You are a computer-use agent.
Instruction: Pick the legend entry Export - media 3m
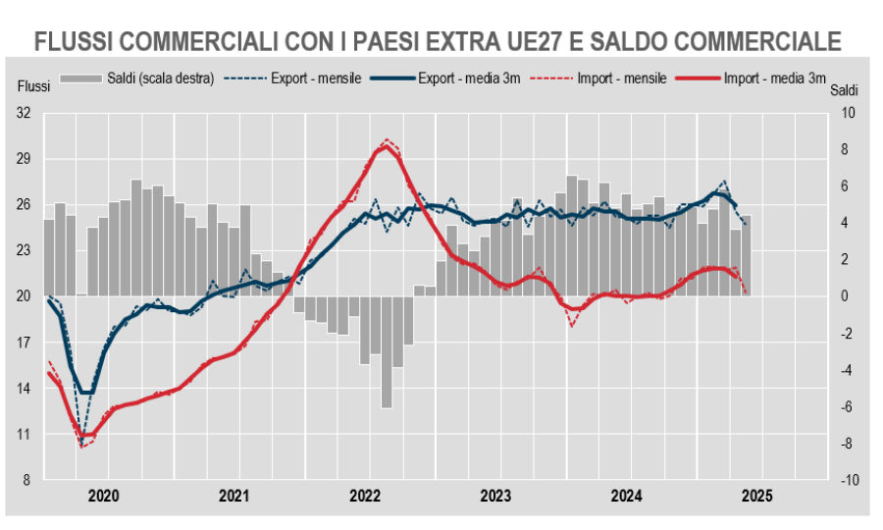click(x=469, y=77)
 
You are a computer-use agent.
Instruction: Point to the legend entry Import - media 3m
click(x=776, y=77)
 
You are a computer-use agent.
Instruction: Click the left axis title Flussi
click(x=34, y=86)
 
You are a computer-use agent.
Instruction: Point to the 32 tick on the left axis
click(x=26, y=113)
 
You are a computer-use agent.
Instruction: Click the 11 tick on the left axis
click(x=26, y=434)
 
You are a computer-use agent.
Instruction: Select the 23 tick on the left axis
click(x=26, y=250)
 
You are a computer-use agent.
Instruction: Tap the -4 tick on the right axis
click(x=846, y=370)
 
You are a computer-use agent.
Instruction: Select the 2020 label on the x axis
click(x=103, y=496)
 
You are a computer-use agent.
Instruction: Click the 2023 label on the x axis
click(x=495, y=496)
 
